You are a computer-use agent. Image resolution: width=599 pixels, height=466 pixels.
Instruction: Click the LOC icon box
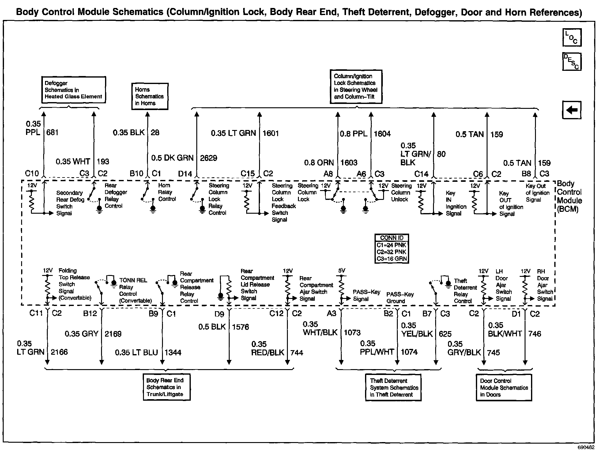[x=572, y=38]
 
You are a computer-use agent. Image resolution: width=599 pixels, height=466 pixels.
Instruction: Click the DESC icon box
[x=572, y=62]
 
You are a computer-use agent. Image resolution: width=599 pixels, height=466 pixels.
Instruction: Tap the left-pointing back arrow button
[x=571, y=110]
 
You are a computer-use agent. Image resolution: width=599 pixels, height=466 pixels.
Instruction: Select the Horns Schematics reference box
[x=150, y=96]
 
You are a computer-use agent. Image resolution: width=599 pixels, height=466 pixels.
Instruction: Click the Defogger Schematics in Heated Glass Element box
[x=73, y=90]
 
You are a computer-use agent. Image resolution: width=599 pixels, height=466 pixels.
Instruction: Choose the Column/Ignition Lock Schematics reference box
[x=356, y=86]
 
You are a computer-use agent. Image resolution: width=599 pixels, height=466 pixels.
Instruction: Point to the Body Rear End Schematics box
[x=166, y=387]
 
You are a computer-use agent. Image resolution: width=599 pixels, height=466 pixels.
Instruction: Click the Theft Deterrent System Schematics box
[x=393, y=388]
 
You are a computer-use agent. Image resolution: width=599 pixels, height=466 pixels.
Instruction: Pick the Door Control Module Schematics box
[x=504, y=388]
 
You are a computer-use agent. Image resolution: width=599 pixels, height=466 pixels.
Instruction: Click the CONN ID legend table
[x=392, y=248]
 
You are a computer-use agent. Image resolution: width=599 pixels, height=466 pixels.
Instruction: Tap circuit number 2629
[x=209, y=158]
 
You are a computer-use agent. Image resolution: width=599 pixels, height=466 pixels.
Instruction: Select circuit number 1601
[x=271, y=133]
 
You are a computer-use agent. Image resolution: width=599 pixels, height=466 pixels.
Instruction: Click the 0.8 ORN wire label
[x=319, y=163]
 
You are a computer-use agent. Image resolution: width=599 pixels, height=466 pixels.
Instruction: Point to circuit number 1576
[x=240, y=327]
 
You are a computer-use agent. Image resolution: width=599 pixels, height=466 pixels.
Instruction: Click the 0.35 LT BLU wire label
[x=136, y=353]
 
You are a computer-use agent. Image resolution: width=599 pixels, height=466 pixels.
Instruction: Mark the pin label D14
[x=185, y=174]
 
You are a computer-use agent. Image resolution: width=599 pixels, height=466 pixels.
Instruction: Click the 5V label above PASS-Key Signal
[x=341, y=271]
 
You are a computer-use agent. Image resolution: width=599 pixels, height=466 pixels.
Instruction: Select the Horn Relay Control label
[x=167, y=192]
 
